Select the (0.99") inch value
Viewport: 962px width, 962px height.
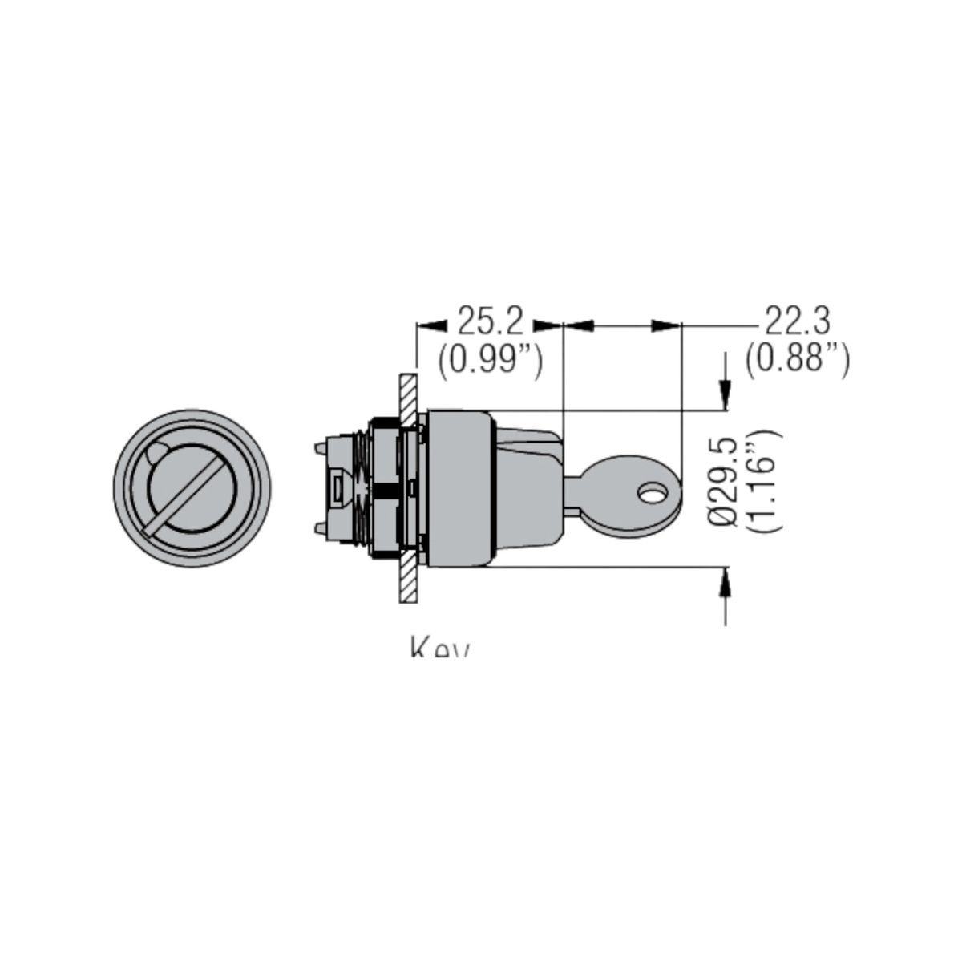(490, 360)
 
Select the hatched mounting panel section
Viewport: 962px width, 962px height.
(407, 489)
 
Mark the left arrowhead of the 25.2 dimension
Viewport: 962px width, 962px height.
(431, 325)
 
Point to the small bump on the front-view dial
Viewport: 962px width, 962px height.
(157, 453)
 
